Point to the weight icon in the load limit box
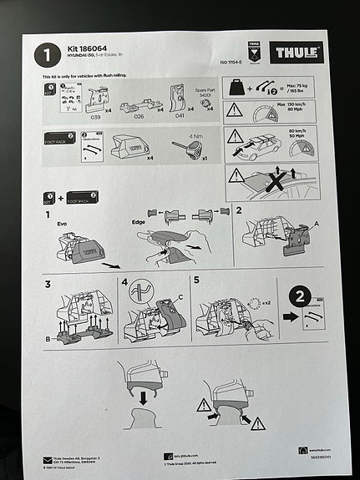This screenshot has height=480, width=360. (238, 89)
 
